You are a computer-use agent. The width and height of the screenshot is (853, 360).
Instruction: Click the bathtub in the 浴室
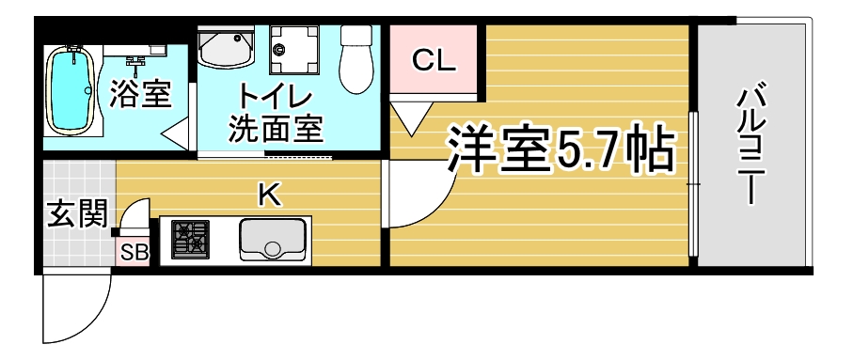(71, 90)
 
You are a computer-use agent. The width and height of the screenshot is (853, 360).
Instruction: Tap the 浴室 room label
(141, 94)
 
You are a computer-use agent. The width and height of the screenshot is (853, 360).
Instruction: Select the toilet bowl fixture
(355, 58)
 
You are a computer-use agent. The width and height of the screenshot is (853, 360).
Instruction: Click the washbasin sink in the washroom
(226, 48)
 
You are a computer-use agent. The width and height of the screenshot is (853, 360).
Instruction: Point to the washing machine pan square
(294, 49)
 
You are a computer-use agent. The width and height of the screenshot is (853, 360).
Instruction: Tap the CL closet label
(433, 61)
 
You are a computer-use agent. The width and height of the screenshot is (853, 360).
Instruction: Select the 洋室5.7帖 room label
(561, 149)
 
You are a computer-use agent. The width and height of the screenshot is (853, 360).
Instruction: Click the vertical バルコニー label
(751, 143)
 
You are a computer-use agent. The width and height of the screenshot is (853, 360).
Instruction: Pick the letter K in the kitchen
(270, 196)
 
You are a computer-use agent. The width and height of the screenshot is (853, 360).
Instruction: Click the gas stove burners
(190, 240)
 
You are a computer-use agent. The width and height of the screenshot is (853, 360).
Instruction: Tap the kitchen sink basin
(272, 240)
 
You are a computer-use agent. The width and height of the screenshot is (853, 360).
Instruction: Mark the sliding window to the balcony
(692, 184)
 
